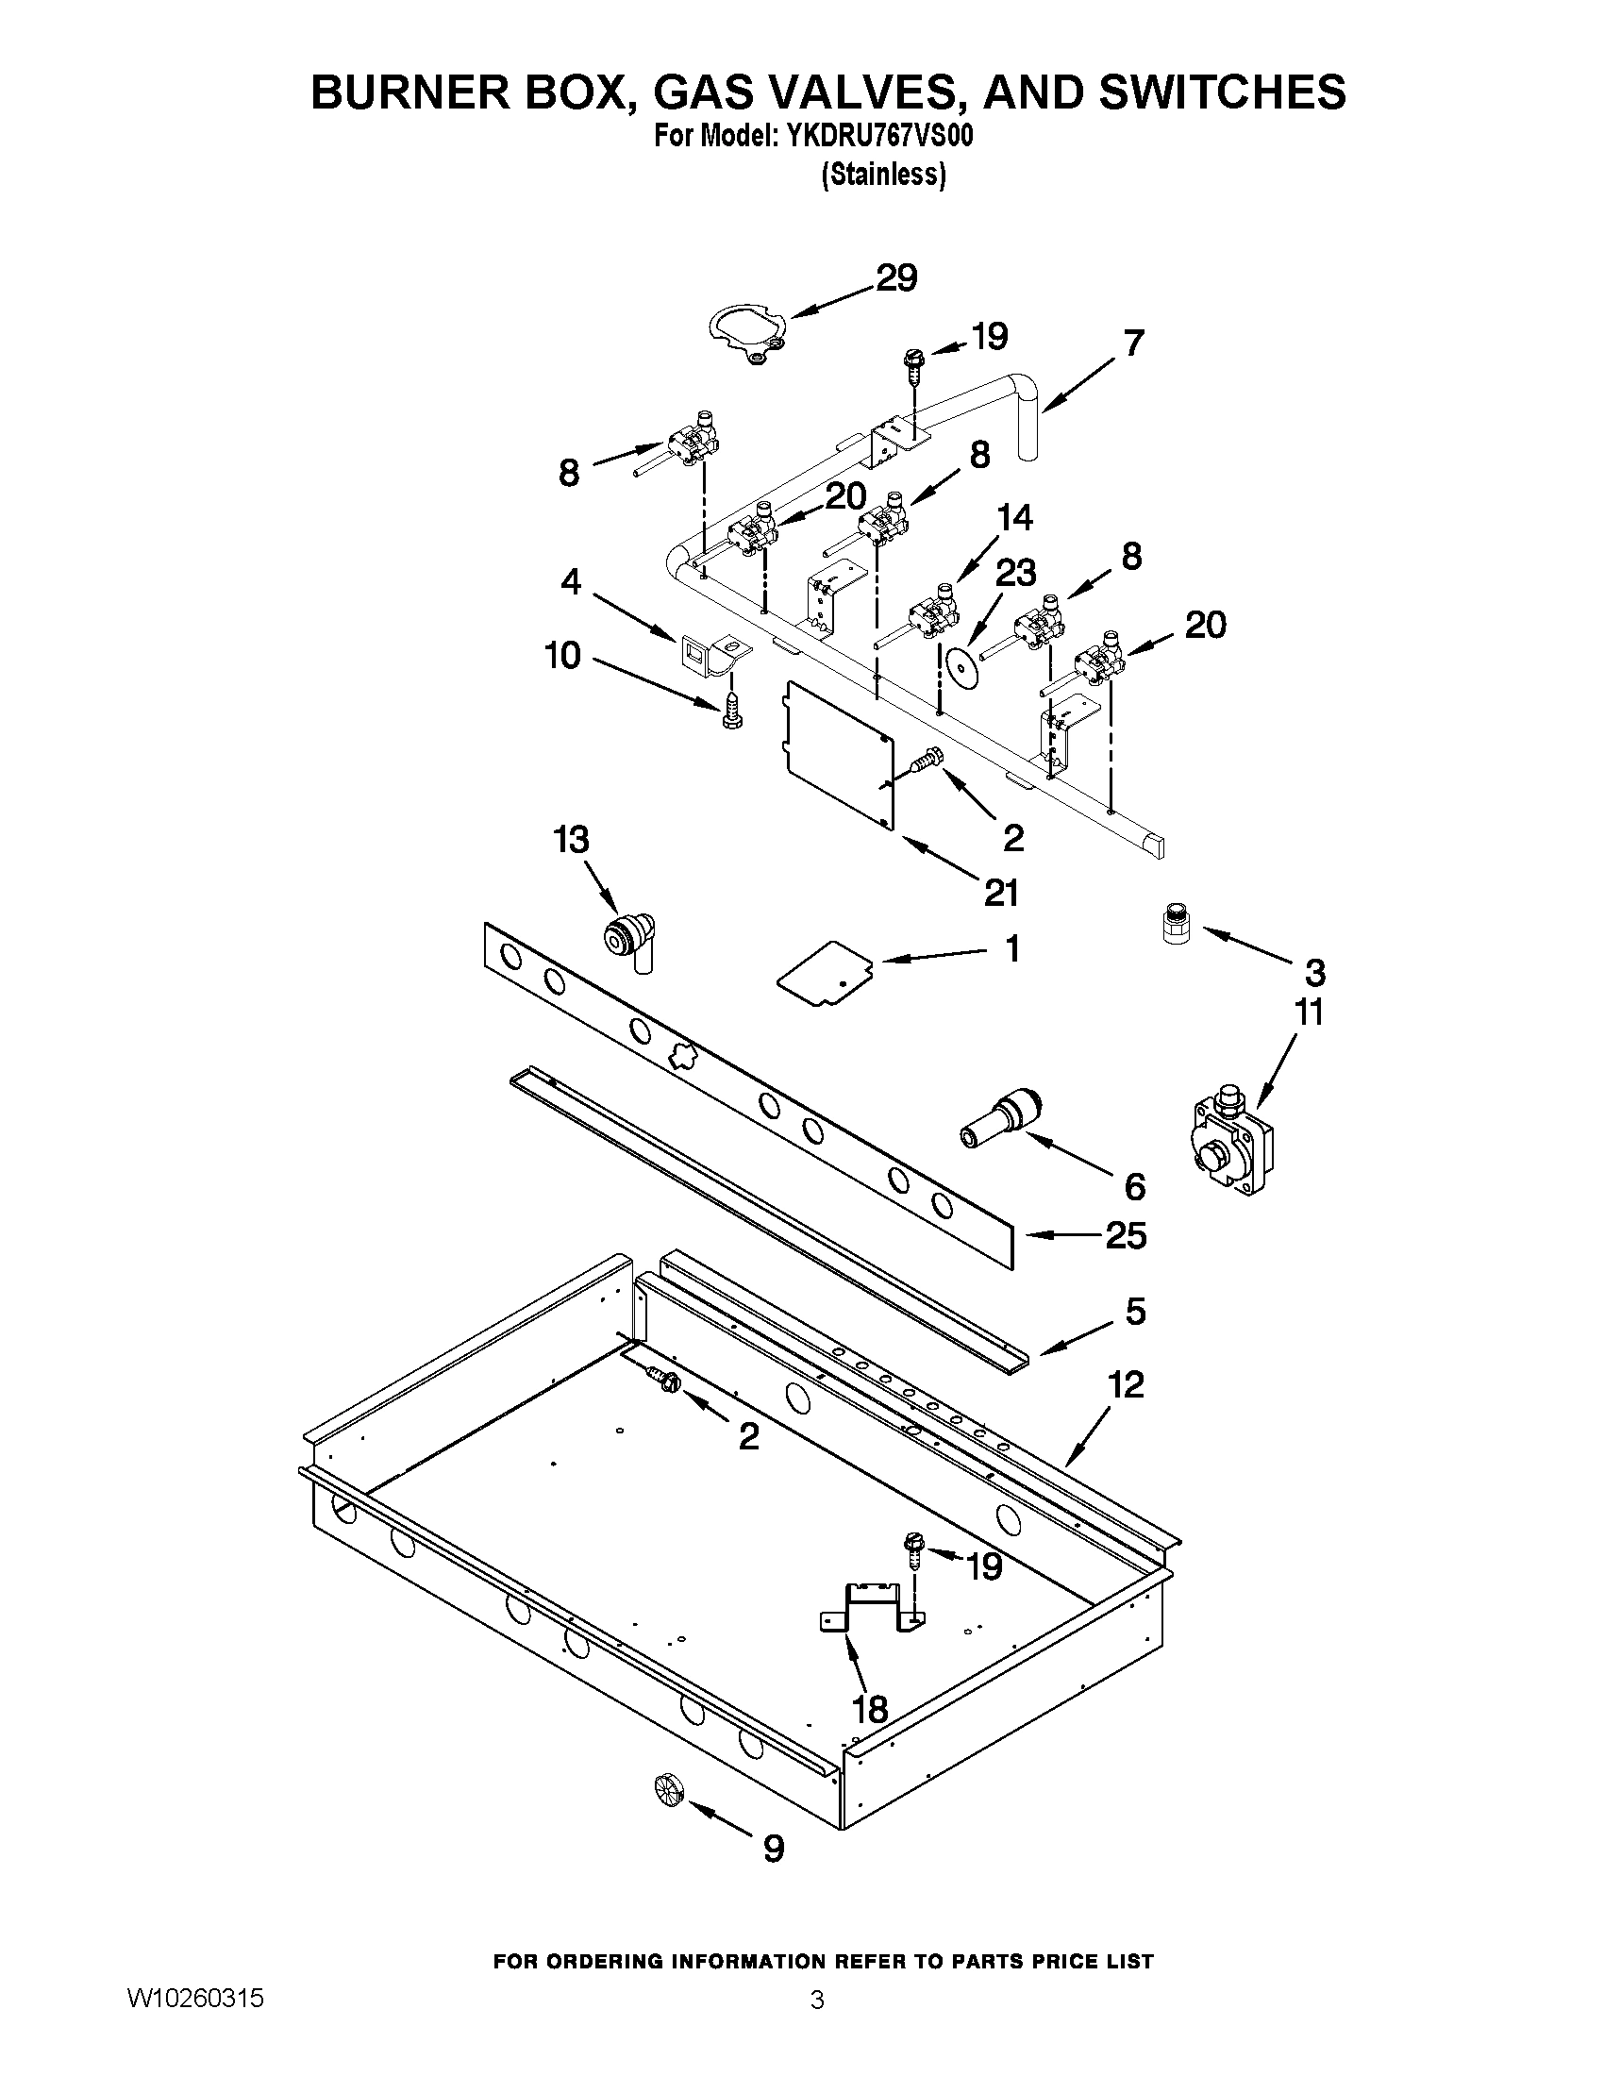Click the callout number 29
coord(895,278)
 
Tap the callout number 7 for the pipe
coord(1132,343)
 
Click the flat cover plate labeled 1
coord(825,971)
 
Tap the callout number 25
coord(1126,1236)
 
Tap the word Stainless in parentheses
coord(884,175)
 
